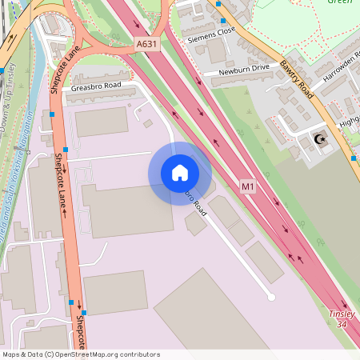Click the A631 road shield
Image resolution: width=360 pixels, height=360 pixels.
click(x=146, y=45)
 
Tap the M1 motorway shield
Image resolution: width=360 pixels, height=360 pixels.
click(x=248, y=187)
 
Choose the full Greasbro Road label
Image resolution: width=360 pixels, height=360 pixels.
click(x=96, y=86)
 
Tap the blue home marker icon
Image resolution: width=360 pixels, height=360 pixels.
click(x=180, y=173)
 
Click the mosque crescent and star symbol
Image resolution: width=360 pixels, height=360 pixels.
click(x=322, y=140)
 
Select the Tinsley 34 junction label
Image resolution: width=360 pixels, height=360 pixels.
click(x=342, y=319)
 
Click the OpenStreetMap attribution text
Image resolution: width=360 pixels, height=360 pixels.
click(x=80, y=354)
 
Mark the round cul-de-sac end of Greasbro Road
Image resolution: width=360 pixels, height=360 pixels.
click(x=271, y=297)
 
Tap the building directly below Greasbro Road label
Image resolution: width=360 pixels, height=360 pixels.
click(x=102, y=120)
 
